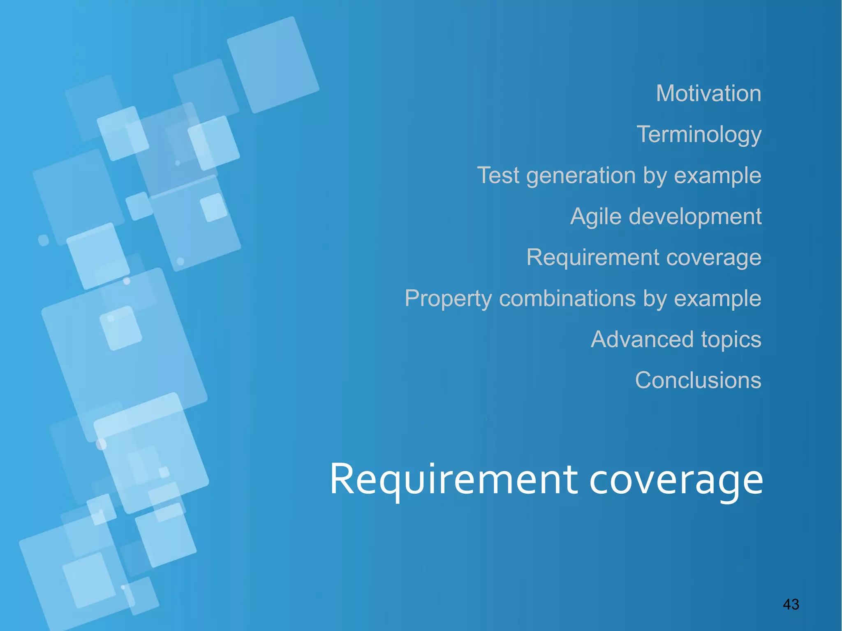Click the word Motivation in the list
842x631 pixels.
(x=708, y=93)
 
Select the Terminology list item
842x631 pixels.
(x=699, y=134)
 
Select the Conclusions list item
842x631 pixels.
(x=698, y=380)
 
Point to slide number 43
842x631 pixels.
(x=791, y=604)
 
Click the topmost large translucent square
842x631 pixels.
(x=273, y=65)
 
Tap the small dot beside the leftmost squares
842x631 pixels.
(x=43, y=240)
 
